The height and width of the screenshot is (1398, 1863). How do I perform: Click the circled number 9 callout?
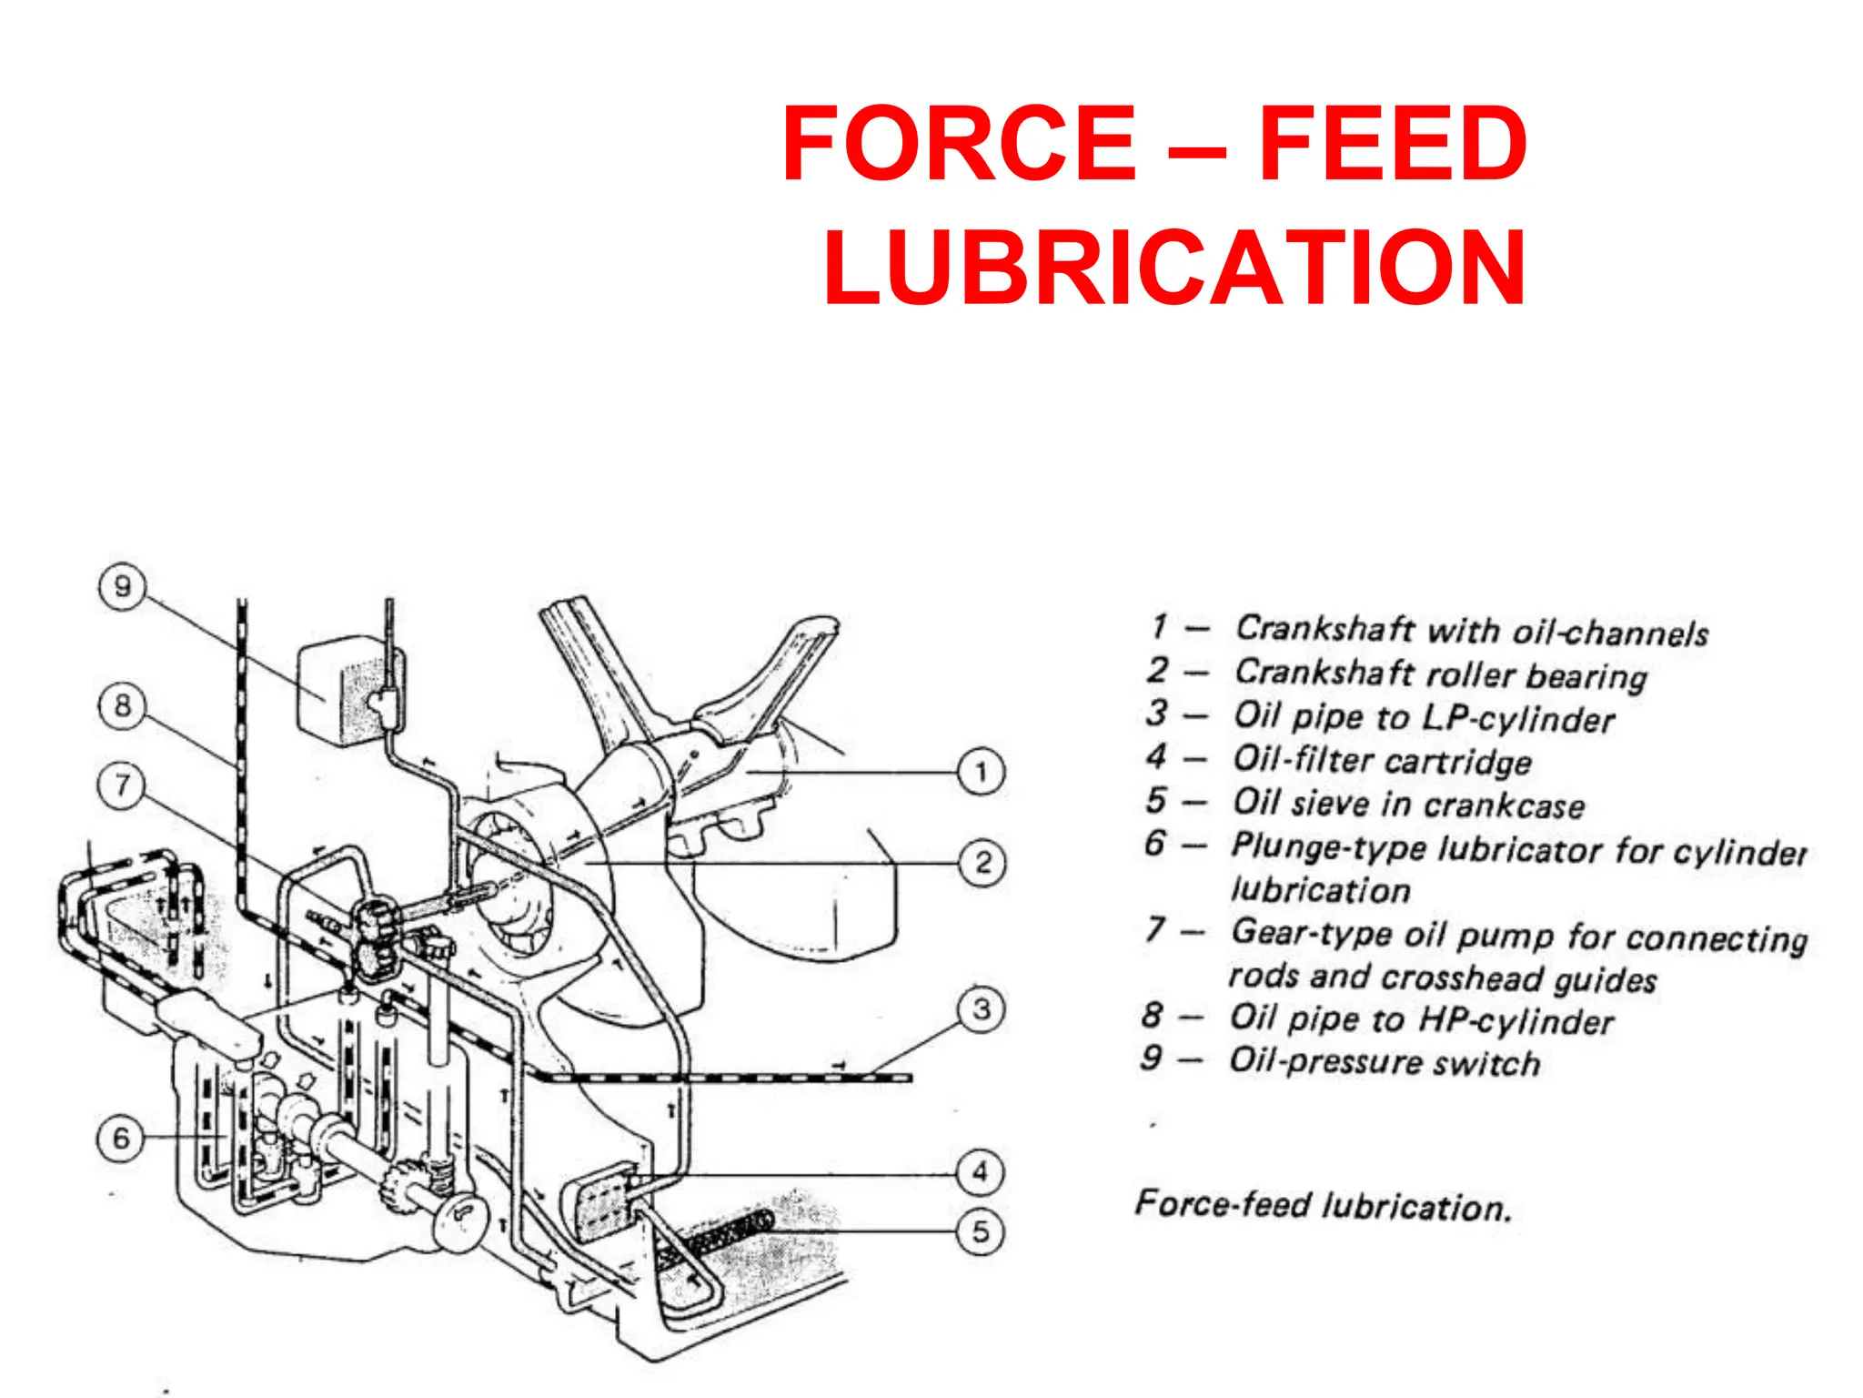[x=122, y=587]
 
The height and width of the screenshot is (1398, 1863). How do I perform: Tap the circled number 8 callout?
[x=122, y=705]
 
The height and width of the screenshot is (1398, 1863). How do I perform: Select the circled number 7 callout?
[x=122, y=785]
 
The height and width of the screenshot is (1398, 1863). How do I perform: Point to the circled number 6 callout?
[x=120, y=1138]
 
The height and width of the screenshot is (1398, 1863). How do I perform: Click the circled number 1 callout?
[x=981, y=773]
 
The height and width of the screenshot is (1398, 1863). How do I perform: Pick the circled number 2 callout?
[x=982, y=862]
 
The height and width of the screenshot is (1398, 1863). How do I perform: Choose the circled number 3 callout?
[x=982, y=1009]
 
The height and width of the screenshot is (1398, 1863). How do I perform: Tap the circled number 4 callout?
[x=981, y=1172]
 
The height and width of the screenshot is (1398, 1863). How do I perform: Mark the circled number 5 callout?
[x=981, y=1232]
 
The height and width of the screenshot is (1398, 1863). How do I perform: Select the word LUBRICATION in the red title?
[x=1174, y=268]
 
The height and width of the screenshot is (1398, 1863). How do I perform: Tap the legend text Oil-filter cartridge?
[x=1382, y=760]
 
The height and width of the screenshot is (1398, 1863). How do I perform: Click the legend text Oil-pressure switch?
[x=1384, y=1062]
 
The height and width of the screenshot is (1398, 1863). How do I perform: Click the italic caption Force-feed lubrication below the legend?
[x=1323, y=1205]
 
